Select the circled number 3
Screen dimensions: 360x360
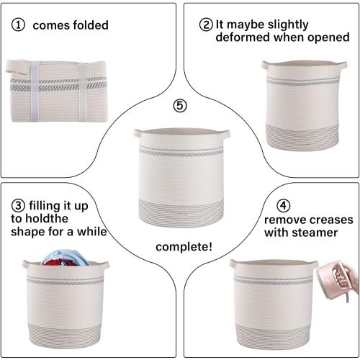[x=18, y=206]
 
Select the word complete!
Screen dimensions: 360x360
[x=184, y=247]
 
